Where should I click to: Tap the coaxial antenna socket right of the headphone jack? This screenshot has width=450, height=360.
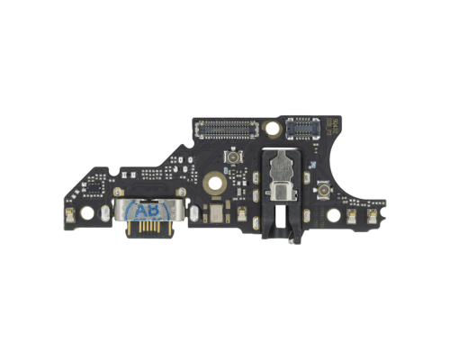321,188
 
